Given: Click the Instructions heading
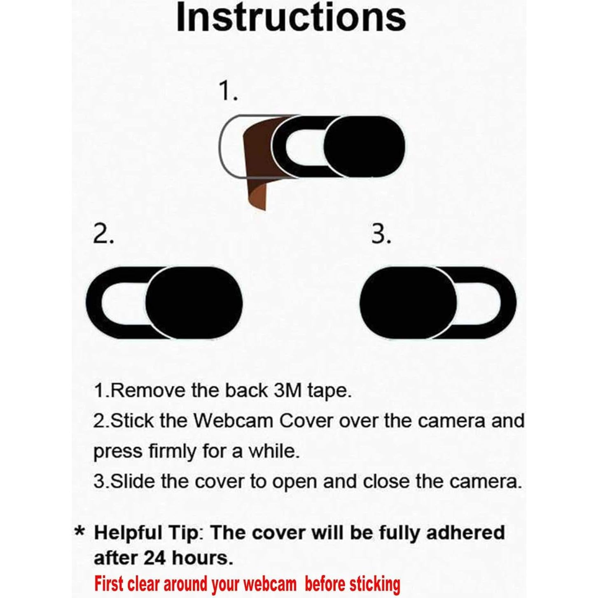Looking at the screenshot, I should pyautogui.click(x=291, y=17).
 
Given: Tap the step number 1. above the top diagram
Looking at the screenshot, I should pyautogui.click(x=228, y=91).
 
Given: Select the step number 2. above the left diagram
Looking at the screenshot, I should pyautogui.click(x=103, y=234).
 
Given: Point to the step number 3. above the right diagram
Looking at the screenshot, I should pyautogui.click(x=381, y=234).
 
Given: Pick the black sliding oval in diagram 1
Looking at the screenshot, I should pyautogui.click(x=364, y=147).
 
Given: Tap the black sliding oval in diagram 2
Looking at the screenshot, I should pyautogui.click(x=194, y=303).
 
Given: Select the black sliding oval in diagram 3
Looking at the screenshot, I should pyautogui.click(x=408, y=303).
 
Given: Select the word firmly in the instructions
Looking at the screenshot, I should pyautogui.click(x=173, y=451).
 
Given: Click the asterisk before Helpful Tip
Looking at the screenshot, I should pyautogui.click(x=79, y=531).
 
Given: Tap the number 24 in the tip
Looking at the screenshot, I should pyautogui.click(x=155, y=558).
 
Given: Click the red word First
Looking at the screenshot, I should pyautogui.click(x=109, y=584).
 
